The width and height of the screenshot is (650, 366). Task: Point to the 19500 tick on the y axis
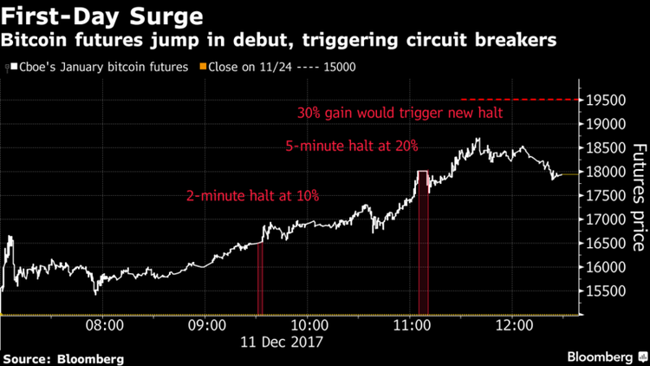pos(601,101)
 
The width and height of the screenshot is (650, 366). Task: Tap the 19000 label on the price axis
pos(601,124)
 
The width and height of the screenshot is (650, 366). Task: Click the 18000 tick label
pos(601,172)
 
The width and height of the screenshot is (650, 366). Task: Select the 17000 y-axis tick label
pos(601,219)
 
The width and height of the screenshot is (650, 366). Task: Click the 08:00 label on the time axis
pos(108,324)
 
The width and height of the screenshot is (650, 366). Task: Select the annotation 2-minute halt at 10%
pos(253,196)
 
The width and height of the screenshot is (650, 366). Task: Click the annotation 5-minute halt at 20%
pos(351,147)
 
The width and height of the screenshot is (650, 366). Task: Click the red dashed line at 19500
pos(520,100)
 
